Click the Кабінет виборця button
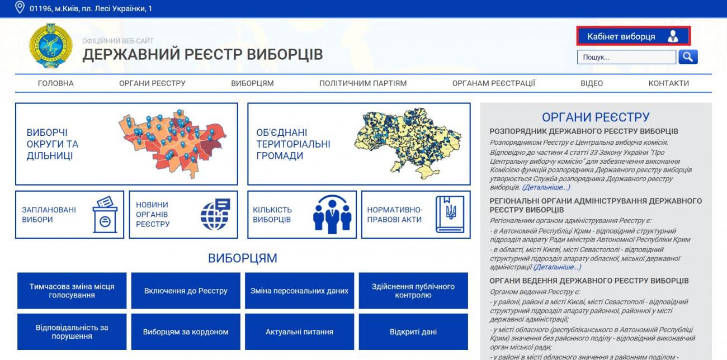click(633, 36)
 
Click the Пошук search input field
click(626, 57)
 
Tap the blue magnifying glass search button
click(688, 57)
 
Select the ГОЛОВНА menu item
click(56, 83)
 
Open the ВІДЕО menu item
click(592, 83)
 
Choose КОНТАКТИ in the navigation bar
click(669, 83)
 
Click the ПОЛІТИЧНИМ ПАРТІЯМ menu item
click(363, 83)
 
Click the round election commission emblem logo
click(51, 46)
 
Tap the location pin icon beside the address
click(20, 7)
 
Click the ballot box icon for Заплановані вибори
click(105, 215)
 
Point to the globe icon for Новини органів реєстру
click(215, 214)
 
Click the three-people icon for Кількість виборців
click(332, 214)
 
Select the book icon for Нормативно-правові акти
click(450, 214)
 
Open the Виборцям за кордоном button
click(186, 332)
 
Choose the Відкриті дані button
click(413, 332)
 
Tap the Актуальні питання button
click(299, 332)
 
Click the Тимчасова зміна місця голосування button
click(72, 291)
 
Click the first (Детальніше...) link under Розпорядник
click(546, 187)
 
